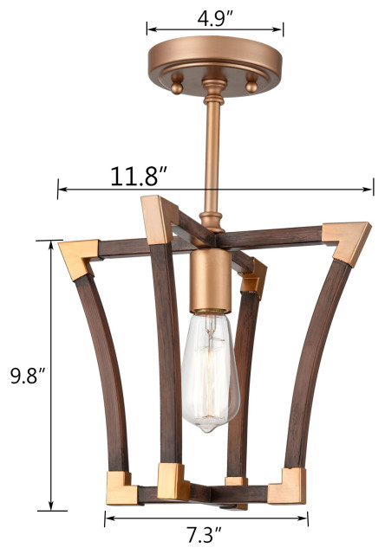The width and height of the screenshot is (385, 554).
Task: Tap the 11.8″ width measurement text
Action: pos(139,176)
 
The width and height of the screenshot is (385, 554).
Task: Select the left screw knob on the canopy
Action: pos(178,84)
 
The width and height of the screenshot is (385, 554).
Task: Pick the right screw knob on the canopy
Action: pos(252,84)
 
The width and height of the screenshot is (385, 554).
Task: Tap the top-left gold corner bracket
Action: pos(77,258)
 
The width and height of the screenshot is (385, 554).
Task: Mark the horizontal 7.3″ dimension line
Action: pos(206,519)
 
